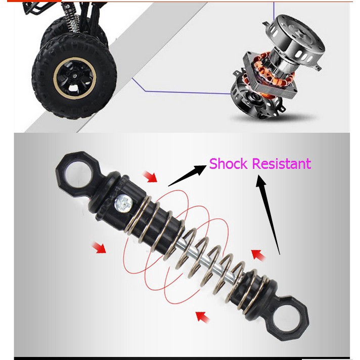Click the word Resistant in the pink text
pyautogui.click(x=282, y=163)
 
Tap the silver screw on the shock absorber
pyautogui.click(x=123, y=203)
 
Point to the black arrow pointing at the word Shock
pyautogui.click(x=187, y=175)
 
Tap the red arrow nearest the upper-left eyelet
pyautogui.click(x=150, y=176)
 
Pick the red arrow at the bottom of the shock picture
pyautogui.click(x=202, y=317)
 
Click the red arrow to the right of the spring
pyautogui.click(x=258, y=255)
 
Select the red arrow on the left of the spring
pyautogui.click(x=99, y=247)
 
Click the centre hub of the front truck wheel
pyautogui.click(x=74, y=76)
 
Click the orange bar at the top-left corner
pyautogui.click(x=34, y=1)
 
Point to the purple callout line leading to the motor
pyautogui.click(x=182, y=93)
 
